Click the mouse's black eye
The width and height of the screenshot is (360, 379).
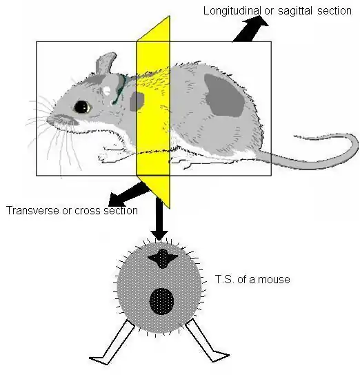pyautogui.click(x=82, y=107)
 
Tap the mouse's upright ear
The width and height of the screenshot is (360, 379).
pyautogui.click(x=106, y=63)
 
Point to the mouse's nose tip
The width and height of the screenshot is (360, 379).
pyautogui.click(x=49, y=119)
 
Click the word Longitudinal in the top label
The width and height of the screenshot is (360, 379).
pyautogui.click(x=232, y=11)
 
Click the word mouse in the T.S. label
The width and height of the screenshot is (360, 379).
pyautogui.click(x=273, y=280)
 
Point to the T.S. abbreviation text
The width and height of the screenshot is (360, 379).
pyautogui.click(x=225, y=279)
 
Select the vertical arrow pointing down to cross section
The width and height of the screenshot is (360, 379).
pyautogui.click(x=159, y=219)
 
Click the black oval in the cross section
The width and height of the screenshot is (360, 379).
pyautogui.click(x=161, y=301)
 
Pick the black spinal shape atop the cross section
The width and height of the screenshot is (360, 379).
pyautogui.click(x=162, y=258)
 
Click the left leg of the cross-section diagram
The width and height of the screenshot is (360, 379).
pyautogui.click(x=112, y=342)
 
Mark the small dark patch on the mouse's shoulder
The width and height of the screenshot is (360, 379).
pyautogui.click(x=137, y=101)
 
